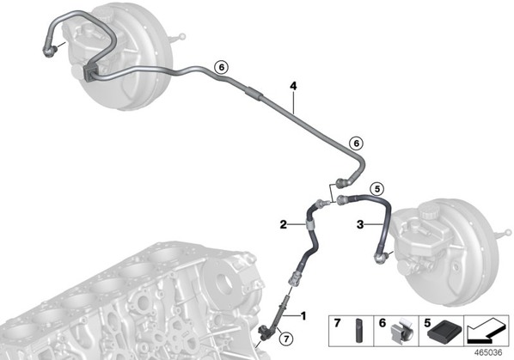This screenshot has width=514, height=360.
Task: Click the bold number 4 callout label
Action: pos(293,86)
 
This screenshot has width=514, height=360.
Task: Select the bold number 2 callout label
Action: pos(284,225)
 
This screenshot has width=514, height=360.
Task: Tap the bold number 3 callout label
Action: pos(360,225)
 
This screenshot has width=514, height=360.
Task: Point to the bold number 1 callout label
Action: pos(303,316)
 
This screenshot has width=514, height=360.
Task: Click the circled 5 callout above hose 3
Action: pos(377,189)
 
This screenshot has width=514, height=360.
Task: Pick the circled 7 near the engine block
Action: pos(286,339)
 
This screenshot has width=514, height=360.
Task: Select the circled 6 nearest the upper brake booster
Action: pos(221,68)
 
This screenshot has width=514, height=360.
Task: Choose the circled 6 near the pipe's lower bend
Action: pos(357,143)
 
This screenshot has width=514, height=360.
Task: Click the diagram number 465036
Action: pos(488,352)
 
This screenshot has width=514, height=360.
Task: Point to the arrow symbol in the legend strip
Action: pos(486,330)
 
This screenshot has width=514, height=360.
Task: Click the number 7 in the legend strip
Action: pos(337,323)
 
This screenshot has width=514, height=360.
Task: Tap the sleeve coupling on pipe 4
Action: pos(254,93)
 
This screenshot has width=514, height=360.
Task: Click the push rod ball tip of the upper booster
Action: pos(182,36)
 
